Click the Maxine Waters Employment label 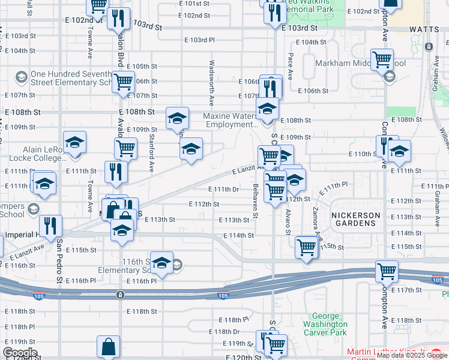[x=230, y=120]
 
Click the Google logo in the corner [x=20, y=353]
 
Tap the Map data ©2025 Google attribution [x=412, y=355]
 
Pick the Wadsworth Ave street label [x=211, y=79]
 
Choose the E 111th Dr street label [x=224, y=190]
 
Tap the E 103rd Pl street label [x=199, y=40]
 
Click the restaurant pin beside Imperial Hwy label [x=52, y=226]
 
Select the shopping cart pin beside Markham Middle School [x=382, y=60]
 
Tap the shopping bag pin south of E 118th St [x=108, y=346]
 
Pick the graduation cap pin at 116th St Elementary [x=161, y=263]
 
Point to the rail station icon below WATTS [x=429, y=46]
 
